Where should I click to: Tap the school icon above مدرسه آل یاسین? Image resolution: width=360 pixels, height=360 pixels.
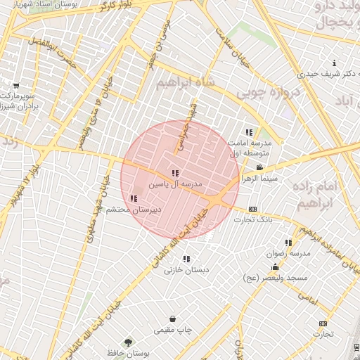[175, 173]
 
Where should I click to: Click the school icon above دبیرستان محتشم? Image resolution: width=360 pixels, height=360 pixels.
[134, 199]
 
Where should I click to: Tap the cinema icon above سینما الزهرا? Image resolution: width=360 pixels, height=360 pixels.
[259, 167]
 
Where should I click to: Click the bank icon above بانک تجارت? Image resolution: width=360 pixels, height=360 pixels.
[252, 209]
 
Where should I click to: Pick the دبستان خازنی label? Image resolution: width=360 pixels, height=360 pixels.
[184, 269]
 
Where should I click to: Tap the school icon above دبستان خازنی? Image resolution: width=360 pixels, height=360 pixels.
[186, 259]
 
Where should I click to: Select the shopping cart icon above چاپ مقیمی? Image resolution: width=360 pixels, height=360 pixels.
[172, 319]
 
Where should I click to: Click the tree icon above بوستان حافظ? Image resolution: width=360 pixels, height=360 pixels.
[127, 342]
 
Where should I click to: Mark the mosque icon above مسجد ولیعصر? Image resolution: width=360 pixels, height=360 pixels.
[274, 268]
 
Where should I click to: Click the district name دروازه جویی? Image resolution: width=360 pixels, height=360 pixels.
[269, 91]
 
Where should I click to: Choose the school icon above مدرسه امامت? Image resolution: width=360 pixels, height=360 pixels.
[248, 131]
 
